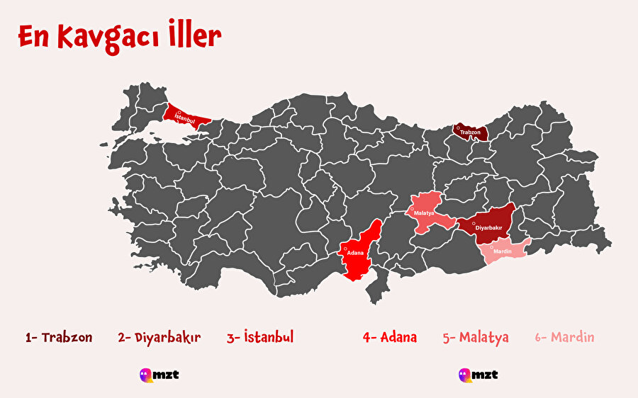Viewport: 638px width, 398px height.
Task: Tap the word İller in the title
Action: point(193,37)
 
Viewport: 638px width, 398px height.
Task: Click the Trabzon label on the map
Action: point(470,132)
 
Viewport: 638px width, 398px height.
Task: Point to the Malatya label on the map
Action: point(424,212)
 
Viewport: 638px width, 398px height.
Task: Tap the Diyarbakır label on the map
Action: point(489,227)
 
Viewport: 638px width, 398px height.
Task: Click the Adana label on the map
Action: point(355,253)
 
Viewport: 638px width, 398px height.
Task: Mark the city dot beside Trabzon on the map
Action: point(458,128)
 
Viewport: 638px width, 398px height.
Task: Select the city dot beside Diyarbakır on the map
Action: point(474,224)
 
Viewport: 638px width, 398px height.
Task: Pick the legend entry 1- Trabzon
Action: point(59,337)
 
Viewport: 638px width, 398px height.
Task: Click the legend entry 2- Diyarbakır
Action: point(159,337)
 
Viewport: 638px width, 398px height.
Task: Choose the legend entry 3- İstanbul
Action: point(260,337)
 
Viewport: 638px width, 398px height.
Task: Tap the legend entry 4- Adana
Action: point(389,337)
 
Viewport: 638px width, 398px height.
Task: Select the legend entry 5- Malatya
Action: point(476,337)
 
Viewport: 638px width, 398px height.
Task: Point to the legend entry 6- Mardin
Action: point(564,337)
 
